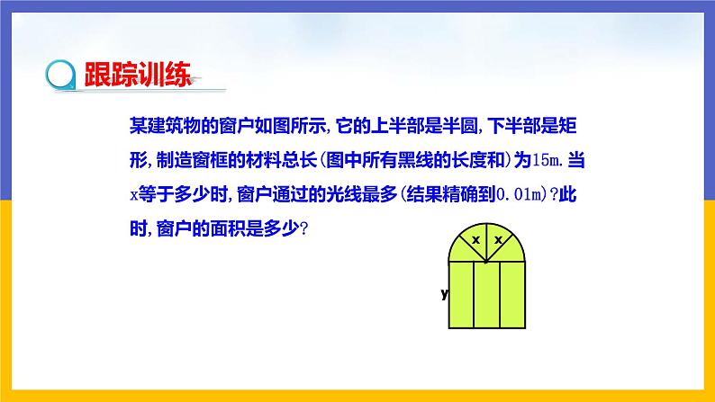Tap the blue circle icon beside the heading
[x=61, y=75]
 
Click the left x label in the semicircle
[x=475, y=241]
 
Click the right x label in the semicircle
[x=497, y=241]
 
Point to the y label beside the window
[x=444, y=294]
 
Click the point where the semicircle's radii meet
[x=486, y=263]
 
